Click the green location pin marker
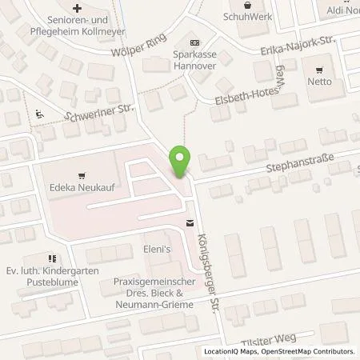click(181, 162)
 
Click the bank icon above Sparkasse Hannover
click(194, 42)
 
